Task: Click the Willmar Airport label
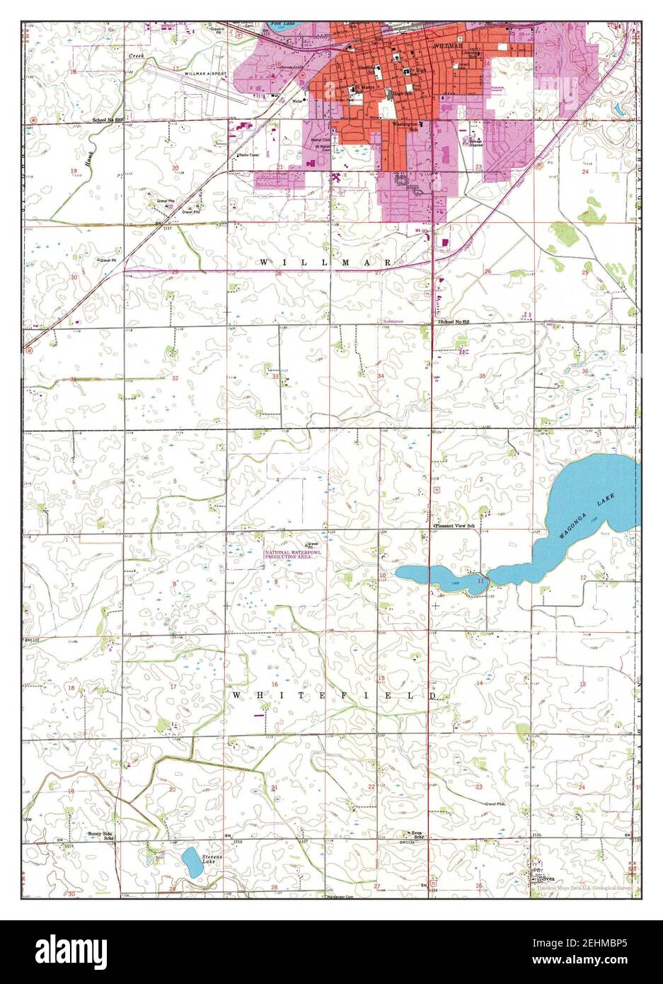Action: click(x=204, y=73)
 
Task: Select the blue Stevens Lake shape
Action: click(x=191, y=862)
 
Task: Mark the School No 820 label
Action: click(x=108, y=120)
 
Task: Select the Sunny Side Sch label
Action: click(x=100, y=836)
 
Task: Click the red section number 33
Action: click(x=275, y=377)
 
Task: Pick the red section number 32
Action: click(x=175, y=378)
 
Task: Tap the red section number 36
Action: click(x=585, y=371)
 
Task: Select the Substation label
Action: click(x=393, y=321)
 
